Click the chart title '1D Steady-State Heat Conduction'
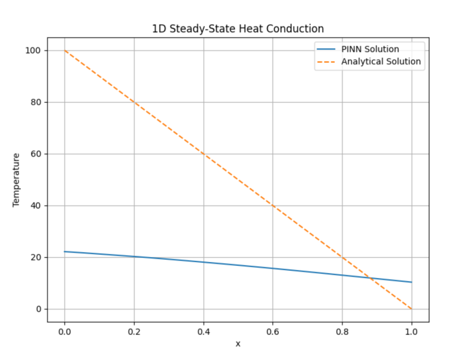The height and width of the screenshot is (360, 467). click(238, 29)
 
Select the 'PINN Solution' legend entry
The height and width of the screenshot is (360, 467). click(370, 49)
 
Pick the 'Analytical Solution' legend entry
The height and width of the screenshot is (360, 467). click(381, 62)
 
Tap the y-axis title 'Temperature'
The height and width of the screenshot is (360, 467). click(16, 180)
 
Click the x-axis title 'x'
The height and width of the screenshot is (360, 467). click(238, 344)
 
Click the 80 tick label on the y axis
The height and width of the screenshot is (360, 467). click(36, 102)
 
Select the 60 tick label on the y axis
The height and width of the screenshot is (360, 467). click(36, 154)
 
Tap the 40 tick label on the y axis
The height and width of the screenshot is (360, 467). click(36, 206)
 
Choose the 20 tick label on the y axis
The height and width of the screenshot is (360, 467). click(36, 257)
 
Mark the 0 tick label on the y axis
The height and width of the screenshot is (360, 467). click(39, 309)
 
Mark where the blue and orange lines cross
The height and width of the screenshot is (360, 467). click(370, 278)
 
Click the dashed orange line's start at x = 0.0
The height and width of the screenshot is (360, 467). click(64, 50)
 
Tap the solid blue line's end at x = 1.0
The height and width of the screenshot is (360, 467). click(411, 282)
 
